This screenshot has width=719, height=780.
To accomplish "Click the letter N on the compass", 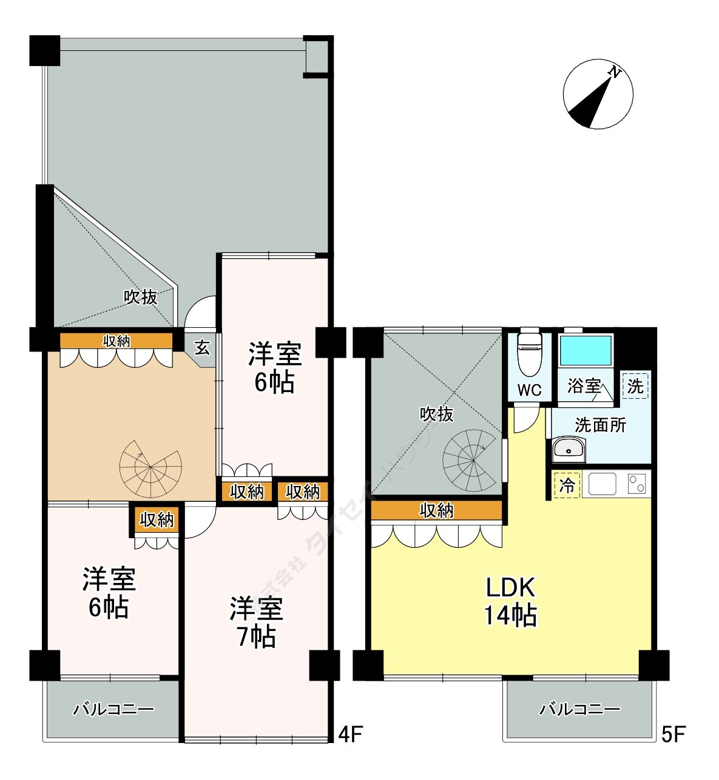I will [615, 73].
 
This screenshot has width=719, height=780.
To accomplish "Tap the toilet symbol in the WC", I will [530, 355].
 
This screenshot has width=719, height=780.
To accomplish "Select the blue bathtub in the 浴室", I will [586, 350].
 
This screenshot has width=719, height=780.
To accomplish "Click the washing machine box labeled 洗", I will [635, 386].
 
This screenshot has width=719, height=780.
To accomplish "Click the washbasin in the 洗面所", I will [568, 450].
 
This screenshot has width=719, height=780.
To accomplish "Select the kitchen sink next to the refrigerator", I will [602, 484].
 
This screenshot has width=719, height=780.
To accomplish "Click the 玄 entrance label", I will [202, 348].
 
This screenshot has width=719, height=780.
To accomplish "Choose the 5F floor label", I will [673, 735].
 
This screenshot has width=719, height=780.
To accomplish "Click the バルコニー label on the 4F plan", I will [113, 709].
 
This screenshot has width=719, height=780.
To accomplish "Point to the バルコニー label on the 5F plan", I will [580, 709].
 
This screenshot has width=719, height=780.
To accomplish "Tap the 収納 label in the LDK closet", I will [436, 511].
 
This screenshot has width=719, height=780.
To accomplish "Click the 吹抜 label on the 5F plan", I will [436, 415].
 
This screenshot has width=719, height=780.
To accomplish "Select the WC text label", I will [530, 390].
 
